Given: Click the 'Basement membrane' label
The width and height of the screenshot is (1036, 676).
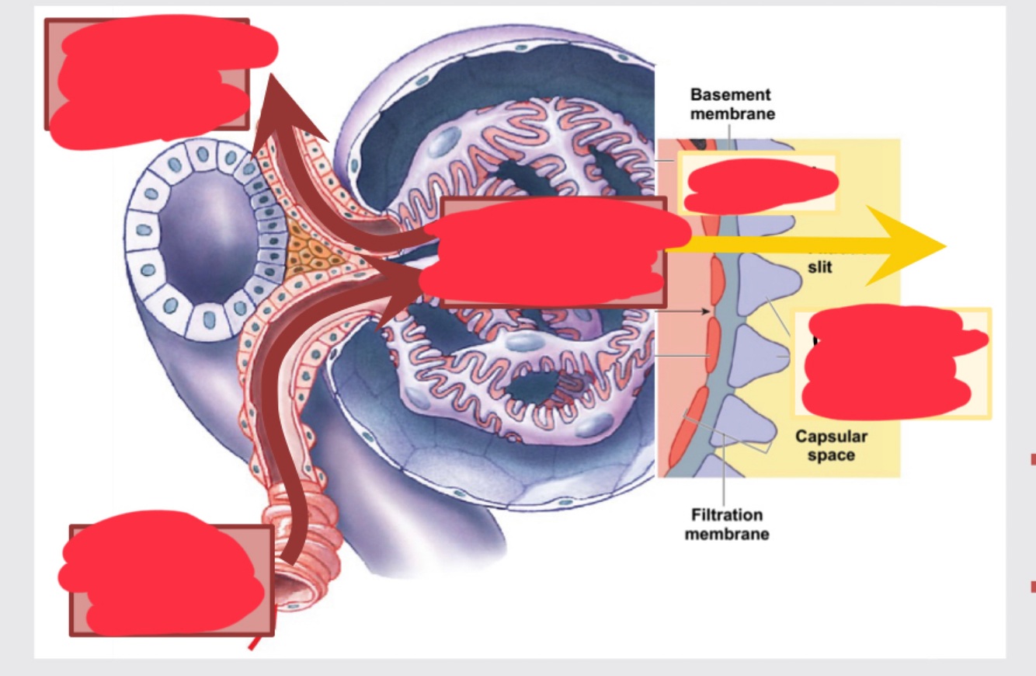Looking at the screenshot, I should click(732, 104).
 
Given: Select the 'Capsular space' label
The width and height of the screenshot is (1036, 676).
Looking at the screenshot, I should click(830, 445).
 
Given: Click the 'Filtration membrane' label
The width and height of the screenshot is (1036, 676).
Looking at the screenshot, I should click(726, 524).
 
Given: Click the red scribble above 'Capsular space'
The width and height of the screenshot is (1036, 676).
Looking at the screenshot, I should click(889, 361).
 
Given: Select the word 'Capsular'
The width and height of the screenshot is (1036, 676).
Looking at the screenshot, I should click(830, 436).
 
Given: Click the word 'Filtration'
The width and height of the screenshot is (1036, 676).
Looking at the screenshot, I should click(726, 514).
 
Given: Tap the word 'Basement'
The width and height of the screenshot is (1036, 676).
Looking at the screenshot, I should click(732, 95).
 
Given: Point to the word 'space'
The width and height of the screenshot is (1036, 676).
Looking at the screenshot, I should click(830, 455).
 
